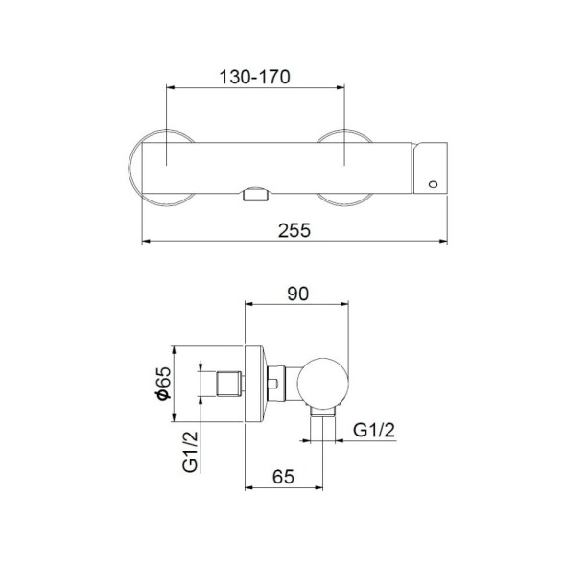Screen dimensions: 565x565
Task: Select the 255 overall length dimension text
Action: pyautogui.click(x=296, y=230)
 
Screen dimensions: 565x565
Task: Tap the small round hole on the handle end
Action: pyautogui.click(x=430, y=182)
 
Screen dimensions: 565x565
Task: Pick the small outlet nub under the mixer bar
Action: pyautogui.click(x=254, y=195)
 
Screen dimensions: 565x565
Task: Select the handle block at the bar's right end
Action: pyautogui.click(x=430, y=169)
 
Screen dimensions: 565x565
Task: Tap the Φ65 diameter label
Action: pyautogui.click(x=163, y=383)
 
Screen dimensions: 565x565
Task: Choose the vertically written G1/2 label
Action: pyautogui.click(x=192, y=452)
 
